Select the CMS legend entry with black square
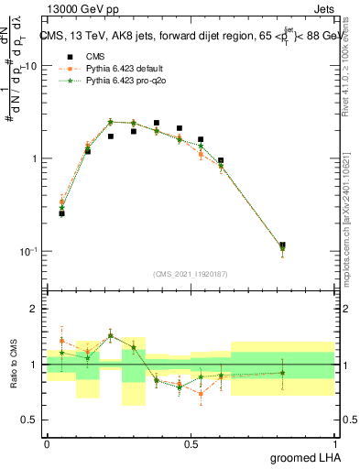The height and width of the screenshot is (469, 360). (89, 56)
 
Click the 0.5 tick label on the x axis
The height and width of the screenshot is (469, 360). (191, 442)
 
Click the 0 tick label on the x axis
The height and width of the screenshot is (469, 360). (47, 442)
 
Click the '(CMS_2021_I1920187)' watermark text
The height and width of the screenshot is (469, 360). (191, 274)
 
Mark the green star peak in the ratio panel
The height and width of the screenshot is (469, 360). (111, 336)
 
